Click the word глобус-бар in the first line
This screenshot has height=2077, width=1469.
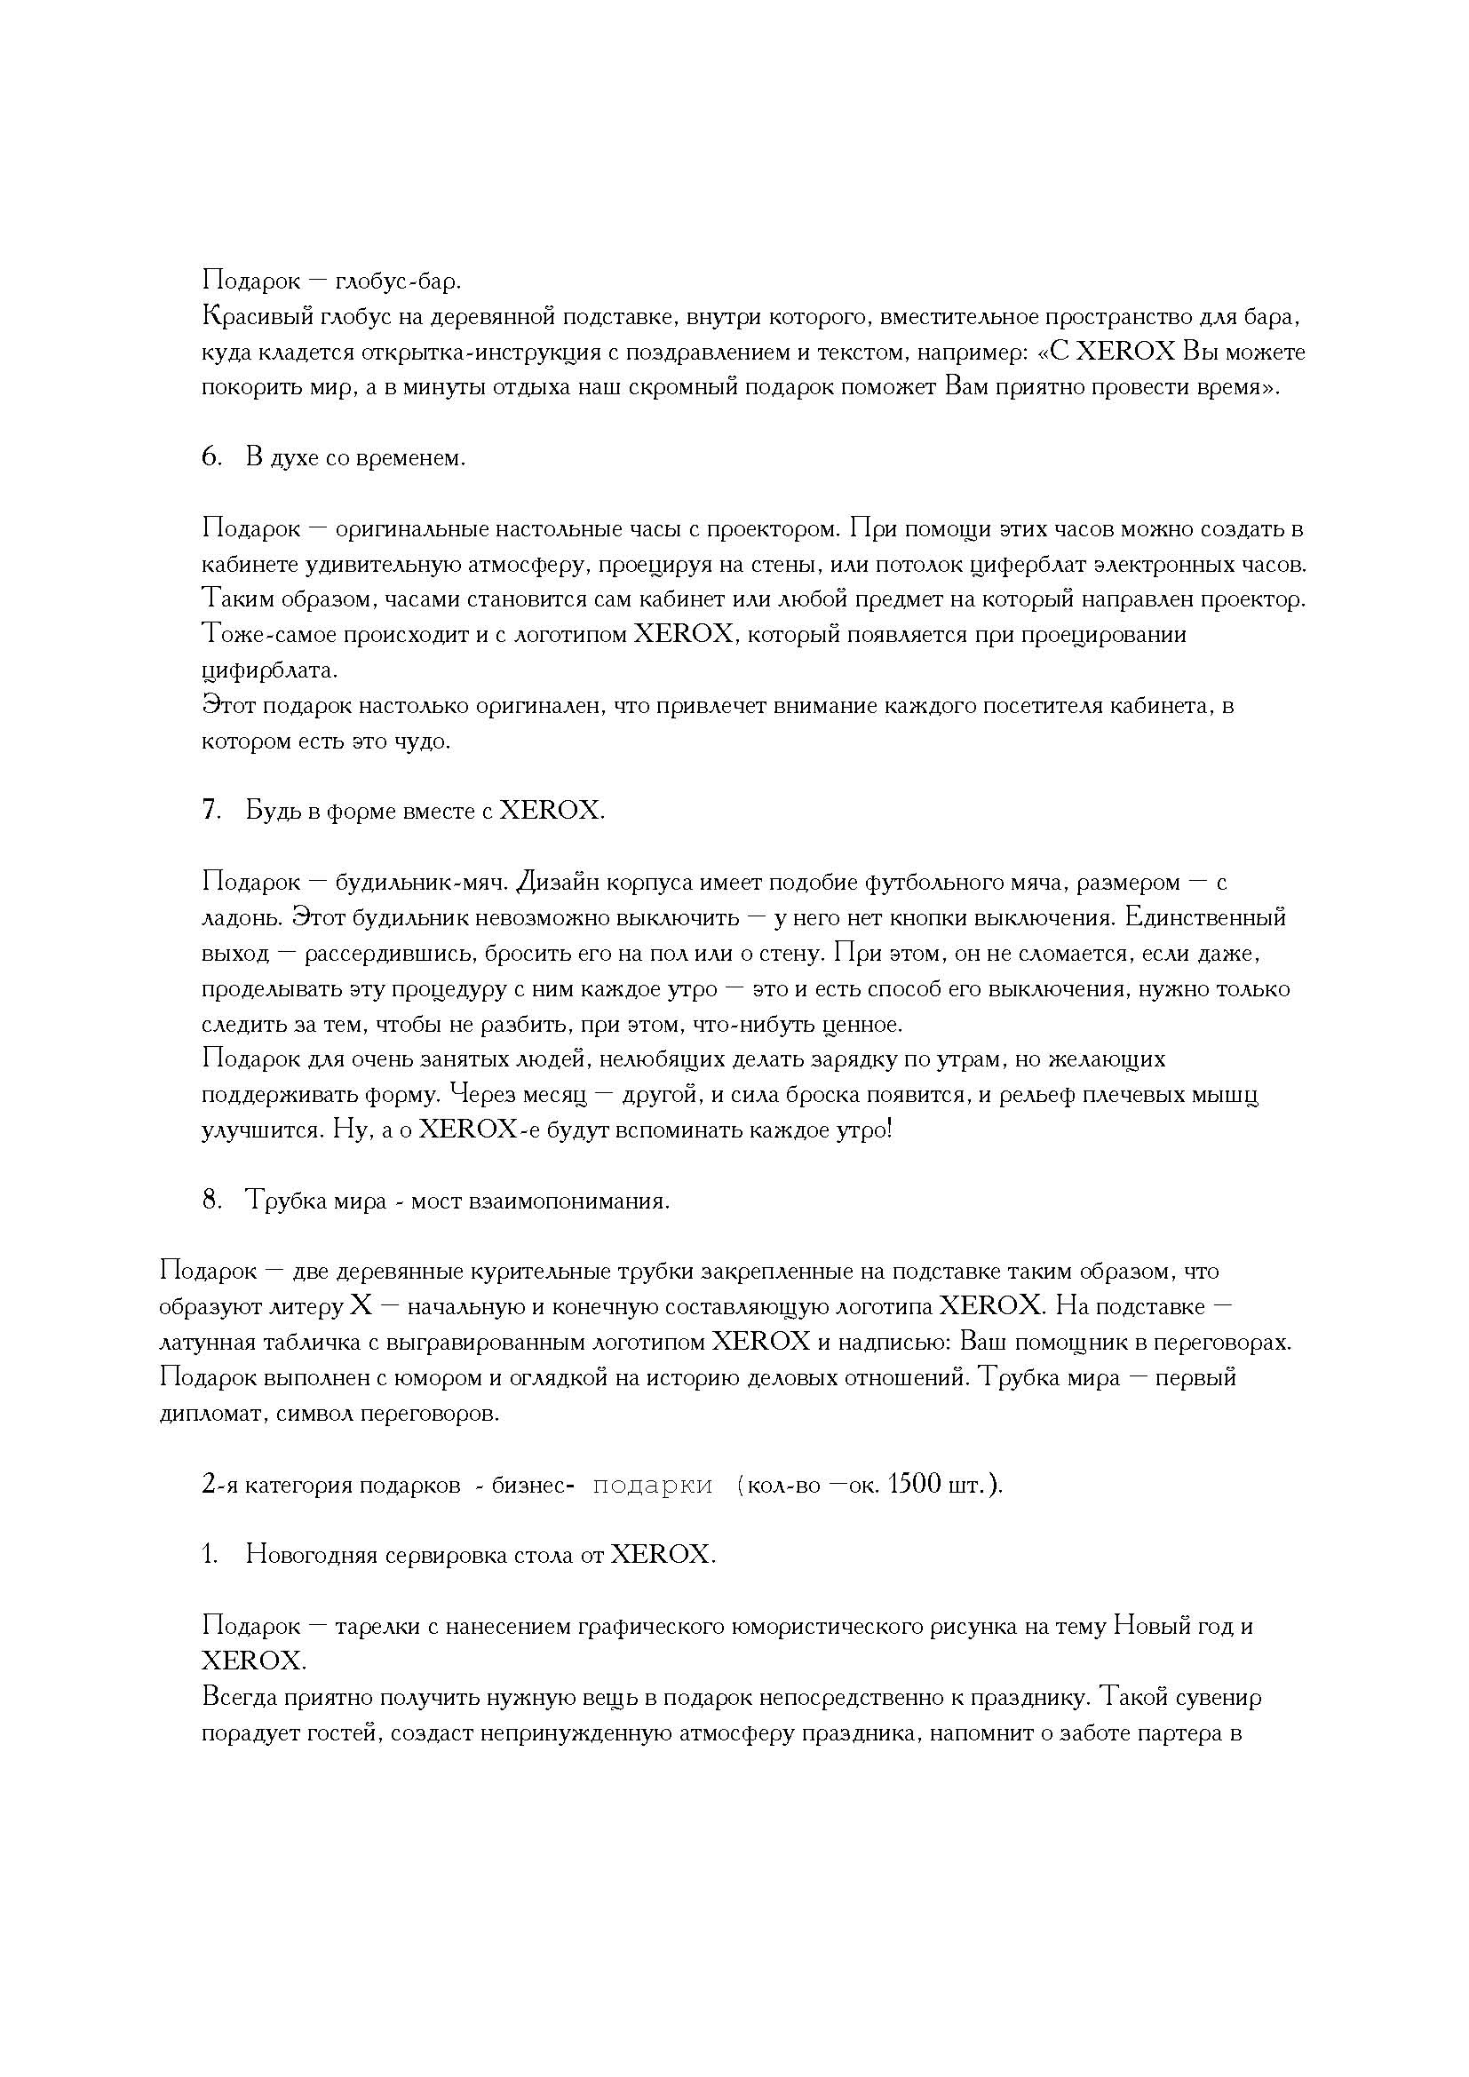(397, 281)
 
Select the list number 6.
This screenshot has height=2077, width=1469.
(210, 457)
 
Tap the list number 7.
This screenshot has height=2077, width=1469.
(210, 811)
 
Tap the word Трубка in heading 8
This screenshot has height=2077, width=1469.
(284, 1201)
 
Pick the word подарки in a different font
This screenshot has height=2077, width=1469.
(652, 1486)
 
